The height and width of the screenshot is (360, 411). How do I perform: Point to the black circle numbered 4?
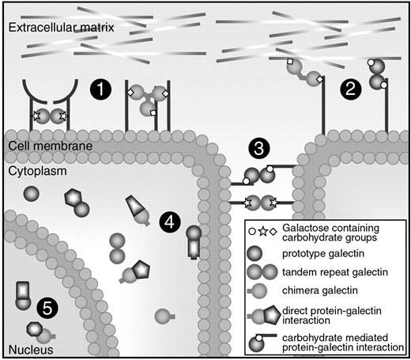[x=168, y=222]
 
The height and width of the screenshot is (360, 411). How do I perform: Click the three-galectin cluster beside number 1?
[x=145, y=99]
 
